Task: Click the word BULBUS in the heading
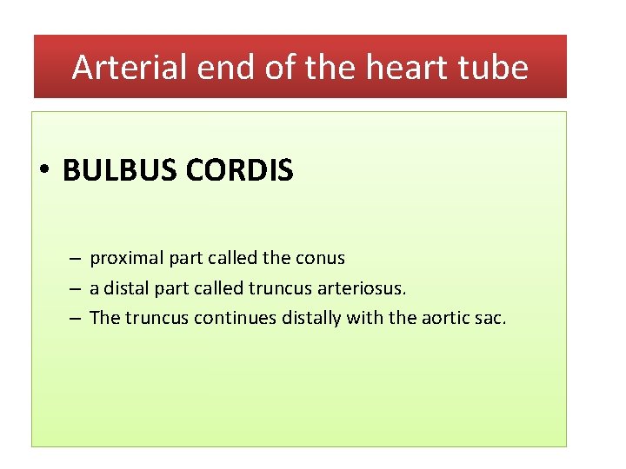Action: (121, 171)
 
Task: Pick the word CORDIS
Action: (240, 171)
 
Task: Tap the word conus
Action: (321, 258)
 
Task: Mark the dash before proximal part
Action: (76, 259)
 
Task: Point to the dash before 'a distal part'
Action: (76, 288)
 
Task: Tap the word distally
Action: (312, 318)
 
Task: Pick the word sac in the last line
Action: (490, 318)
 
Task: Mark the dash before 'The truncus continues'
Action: (76, 318)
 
